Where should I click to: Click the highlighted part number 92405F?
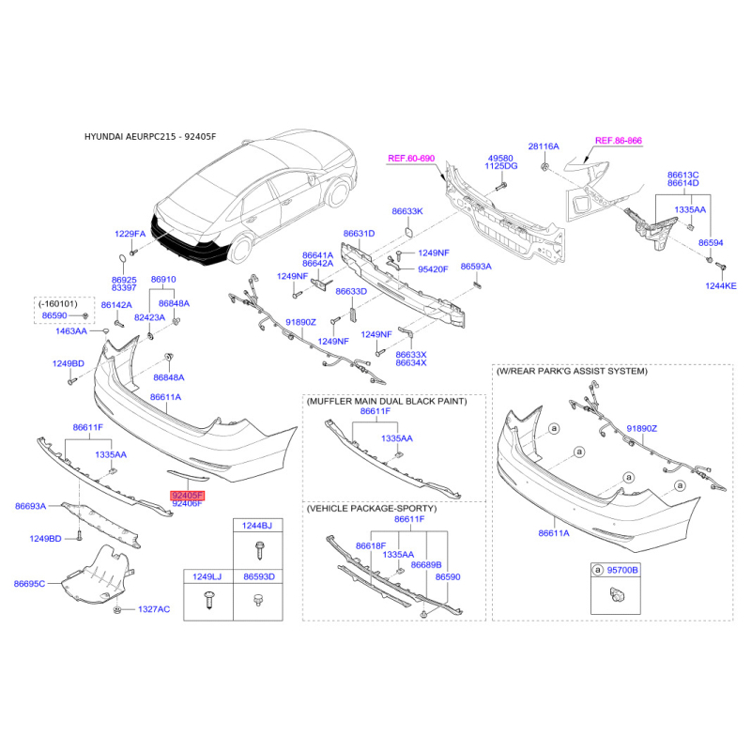click(188, 496)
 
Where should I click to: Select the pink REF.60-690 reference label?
click(411, 158)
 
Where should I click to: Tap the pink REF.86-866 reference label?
click(619, 140)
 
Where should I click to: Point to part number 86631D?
click(359, 233)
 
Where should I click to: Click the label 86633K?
click(407, 211)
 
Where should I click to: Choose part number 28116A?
click(544, 146)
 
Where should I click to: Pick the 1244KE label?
click(721, 286)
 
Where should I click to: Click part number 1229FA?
click(130, 234)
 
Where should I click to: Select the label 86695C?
click(29, 583)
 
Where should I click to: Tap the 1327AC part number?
click(154, 609)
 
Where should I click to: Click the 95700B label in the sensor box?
click(622, 570)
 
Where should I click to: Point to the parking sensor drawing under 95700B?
click(618, 595)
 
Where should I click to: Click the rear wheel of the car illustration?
click(240, 249)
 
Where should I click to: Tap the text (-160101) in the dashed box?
click(58, 303)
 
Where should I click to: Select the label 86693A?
click(31, 506)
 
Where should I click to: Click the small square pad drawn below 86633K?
click(409, 232)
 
